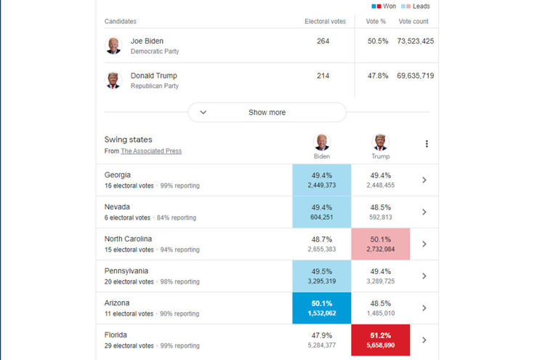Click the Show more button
point(267,112)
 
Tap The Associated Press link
point(151,151)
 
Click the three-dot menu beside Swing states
point(427,144)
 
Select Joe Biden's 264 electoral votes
point(323,41)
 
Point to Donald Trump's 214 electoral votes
point(323,76)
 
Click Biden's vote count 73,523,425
point(416,41)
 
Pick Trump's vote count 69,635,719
point(416,76)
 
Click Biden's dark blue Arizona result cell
point(321,308)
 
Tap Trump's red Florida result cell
point(380,340)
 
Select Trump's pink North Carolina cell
point(380,244)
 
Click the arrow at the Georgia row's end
point(424,180)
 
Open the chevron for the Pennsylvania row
point(424,276)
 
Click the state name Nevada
point(118,207)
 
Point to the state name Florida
point(116,335)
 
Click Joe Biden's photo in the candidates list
point(113,46)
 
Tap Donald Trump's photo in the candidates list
point(113,80)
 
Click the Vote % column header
point(376,22)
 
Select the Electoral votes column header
point(323,22)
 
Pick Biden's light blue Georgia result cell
point(321,180)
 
